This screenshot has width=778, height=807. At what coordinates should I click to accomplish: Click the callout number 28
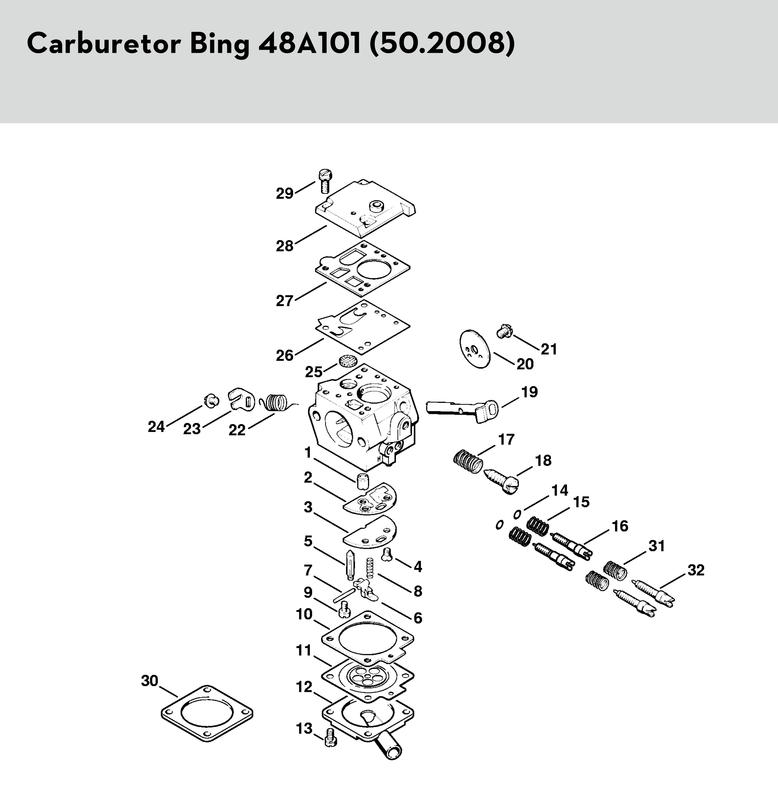(284, 246)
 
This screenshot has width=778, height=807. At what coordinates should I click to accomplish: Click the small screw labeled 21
(503, 331)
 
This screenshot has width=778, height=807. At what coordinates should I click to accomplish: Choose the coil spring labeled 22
(275, 402)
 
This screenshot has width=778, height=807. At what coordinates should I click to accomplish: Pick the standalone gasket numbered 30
(206, 713)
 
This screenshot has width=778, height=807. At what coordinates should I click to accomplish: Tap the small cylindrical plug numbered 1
(362, 481)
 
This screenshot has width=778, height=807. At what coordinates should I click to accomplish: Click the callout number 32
(696, 570)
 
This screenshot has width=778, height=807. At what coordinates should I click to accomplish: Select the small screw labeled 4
(387, 555)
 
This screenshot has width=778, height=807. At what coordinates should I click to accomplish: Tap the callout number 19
(530, 392)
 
